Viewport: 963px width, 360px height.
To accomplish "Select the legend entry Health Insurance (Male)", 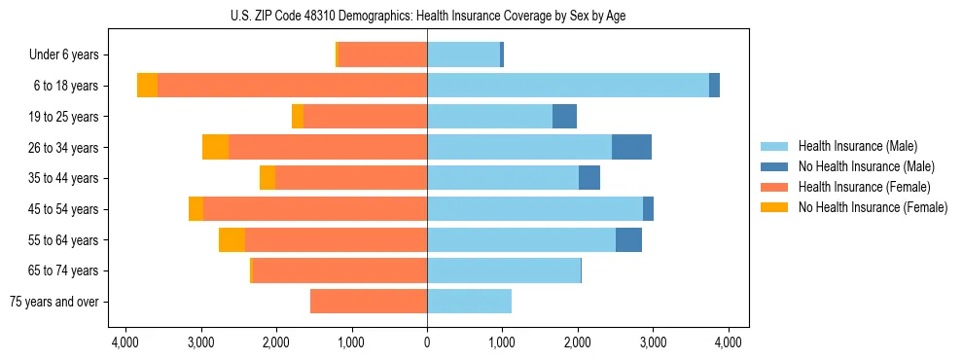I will click(857, 146).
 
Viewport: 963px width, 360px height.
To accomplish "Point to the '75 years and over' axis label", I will click(53, 302).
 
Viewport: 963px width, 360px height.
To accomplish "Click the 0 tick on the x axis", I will click(427, 342).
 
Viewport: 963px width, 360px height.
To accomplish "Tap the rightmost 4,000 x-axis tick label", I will click(729, 342).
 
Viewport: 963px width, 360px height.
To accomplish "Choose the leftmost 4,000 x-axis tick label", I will click(125, 342).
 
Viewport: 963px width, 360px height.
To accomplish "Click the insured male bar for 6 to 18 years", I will click(568, 86).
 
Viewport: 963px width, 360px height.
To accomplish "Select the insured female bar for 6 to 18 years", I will click(292, 86).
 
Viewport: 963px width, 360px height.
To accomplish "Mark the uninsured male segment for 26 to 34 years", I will click(631, 147).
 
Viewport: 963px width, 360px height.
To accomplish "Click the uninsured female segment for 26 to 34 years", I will click(215, 147).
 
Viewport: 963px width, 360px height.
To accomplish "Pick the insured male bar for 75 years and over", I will click(469, 302).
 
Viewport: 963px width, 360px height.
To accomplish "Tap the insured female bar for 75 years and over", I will click(369, 302).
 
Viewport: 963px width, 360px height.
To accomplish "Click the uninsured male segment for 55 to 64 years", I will click(628, 240).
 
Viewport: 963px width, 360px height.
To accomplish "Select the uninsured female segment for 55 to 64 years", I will click(232, 240).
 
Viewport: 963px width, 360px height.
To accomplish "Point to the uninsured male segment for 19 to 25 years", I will click(564, 117).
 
